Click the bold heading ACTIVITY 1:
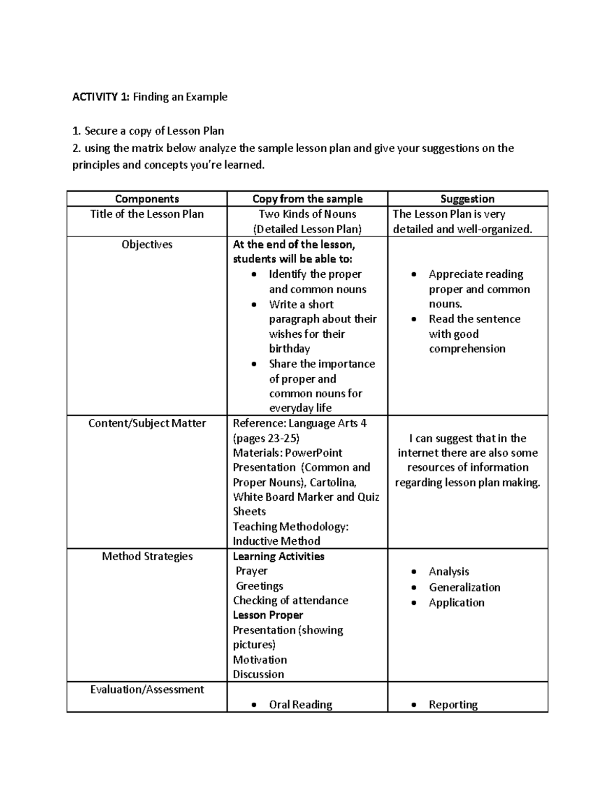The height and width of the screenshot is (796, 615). tap(100, 97)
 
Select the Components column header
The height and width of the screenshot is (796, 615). tap(147, 199)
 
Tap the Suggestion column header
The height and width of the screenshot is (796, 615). tap(467, 199)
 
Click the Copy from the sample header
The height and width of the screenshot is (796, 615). tap(307, 199)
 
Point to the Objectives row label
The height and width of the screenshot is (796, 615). tap(147, 244)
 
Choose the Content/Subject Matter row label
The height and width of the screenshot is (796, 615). tap(147, 423)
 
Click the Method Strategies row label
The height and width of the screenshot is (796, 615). tap(147, 556)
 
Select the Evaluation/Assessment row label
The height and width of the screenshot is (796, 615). tap(147, 689)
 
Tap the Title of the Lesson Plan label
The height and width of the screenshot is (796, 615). tap(147, 214)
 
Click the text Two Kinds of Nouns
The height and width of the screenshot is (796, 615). tap(307, 214)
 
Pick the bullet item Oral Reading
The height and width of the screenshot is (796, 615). tap(300, 705)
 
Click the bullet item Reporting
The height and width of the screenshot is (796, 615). tap(453, 705)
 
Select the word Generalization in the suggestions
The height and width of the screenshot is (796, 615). tap(464, 587)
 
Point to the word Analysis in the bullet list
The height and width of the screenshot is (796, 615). tap(449, 572)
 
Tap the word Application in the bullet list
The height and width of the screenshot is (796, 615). tap(456, 603)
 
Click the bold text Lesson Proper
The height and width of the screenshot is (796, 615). tap(268, 615)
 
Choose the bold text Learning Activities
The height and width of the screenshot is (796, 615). tap(278, 556)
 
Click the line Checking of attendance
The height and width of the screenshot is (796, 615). tap(290, 600)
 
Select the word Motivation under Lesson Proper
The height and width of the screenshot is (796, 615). tap(259, 660)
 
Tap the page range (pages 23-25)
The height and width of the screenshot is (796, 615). tap(266, 438)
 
